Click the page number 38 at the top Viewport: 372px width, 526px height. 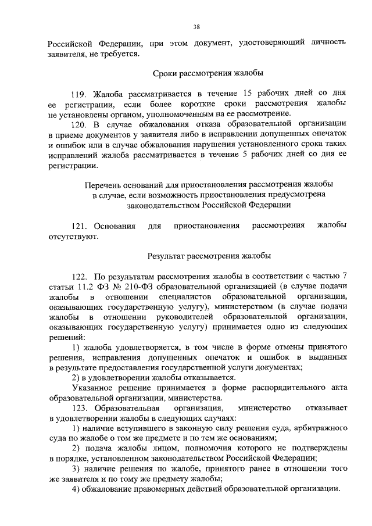point(196,27)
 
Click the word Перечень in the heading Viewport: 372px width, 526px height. point(102,184)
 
